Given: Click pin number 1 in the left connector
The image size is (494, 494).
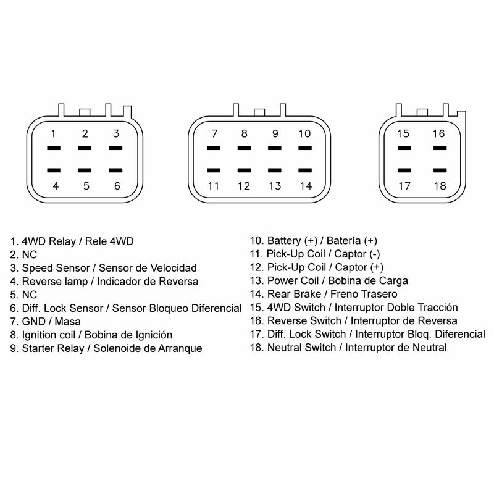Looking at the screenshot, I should pyautogui.click(x=54, y=133).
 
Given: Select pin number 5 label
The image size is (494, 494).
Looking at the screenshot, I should pyautogui.click(x=86, y=185).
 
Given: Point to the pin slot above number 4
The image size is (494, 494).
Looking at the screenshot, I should pyautogui.click(x=54, y=170).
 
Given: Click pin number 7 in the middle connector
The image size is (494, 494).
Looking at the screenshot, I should pyautogui.click(x=214, y=133).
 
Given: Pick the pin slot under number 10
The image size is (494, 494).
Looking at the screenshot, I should pyautogui.click(x=304, y=149).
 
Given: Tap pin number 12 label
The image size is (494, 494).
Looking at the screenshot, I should pyautogui.click(x=244, y=185).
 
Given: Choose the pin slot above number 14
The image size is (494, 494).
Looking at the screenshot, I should pyautogui.click(x=304, y=170).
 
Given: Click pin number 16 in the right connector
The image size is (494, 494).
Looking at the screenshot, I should pyautogui.click(x=439, y=133).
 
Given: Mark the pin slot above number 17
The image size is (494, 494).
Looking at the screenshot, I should pyautogui.click(x=404, y=170).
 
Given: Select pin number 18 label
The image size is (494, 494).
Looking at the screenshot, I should pyautogui.click(x=439, y=185).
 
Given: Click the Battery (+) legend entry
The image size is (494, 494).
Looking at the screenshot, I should pyautogui.click(x=314, y=240).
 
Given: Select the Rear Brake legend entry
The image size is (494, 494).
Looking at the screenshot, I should pyautogui.click(x=324, y=294).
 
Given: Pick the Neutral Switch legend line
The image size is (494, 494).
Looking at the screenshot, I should pyautogui.click(x=348, y=348).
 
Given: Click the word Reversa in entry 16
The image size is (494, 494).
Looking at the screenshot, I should pyautogui.click(x=438, y=321).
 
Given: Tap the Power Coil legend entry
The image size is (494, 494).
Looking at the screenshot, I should pyautogui.click(x=329, y=280).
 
